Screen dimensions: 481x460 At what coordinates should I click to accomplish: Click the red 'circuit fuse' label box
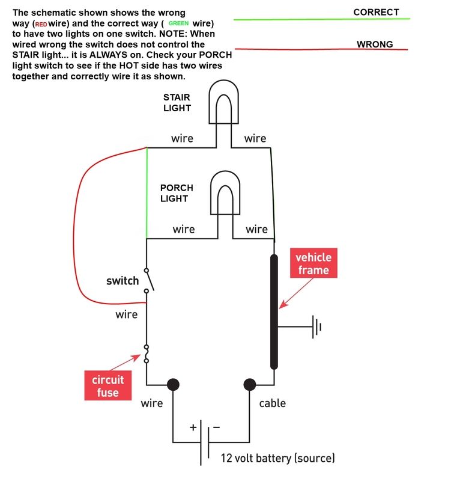(x=108, y=386)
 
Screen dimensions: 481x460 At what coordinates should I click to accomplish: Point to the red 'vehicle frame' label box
(x=313, y=263)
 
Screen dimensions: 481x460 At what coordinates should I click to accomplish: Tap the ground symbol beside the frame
(x=316, y=327)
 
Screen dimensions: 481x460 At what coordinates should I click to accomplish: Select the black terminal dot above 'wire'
(x=173, y=384)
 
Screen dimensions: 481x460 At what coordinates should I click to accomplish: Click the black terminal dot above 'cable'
(x=249, y=384)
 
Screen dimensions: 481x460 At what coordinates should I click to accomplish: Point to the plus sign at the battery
(x=193, y=427)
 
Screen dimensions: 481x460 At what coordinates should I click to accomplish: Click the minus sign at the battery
(x=216, y=427)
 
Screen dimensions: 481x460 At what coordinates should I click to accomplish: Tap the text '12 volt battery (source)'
(x=277, y=458)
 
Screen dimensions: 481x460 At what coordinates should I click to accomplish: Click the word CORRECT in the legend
(x=376, y=12)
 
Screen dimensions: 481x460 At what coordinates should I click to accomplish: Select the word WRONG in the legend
(x=375, y=44)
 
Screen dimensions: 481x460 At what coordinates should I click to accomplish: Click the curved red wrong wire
(x=76, y=228)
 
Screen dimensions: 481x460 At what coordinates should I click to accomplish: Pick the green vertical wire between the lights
(x=147, y=192)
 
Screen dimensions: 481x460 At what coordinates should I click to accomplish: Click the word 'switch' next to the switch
(x=123, y=281)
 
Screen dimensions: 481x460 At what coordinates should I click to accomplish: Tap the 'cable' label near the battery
(x=272, y=403)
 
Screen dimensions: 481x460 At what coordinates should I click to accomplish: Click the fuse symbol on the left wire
(x=147, y=354)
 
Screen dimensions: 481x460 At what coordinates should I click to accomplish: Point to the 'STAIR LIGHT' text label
(x=177, y=103)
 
